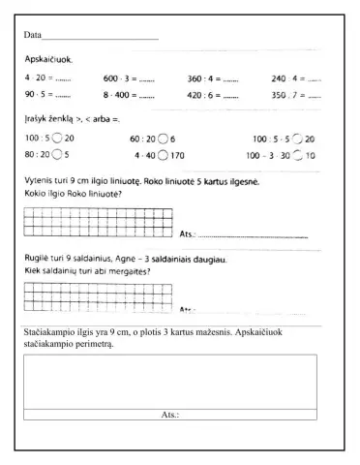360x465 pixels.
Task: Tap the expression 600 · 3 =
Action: pos(123,77)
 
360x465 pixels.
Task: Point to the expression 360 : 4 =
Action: pos(205,77)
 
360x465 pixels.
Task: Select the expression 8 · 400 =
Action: pos(123,95)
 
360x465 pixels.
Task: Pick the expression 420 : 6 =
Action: pos(205,95)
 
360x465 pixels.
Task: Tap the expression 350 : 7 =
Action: pos(288,95)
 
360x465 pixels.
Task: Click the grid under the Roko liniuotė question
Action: pos(98,221)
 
